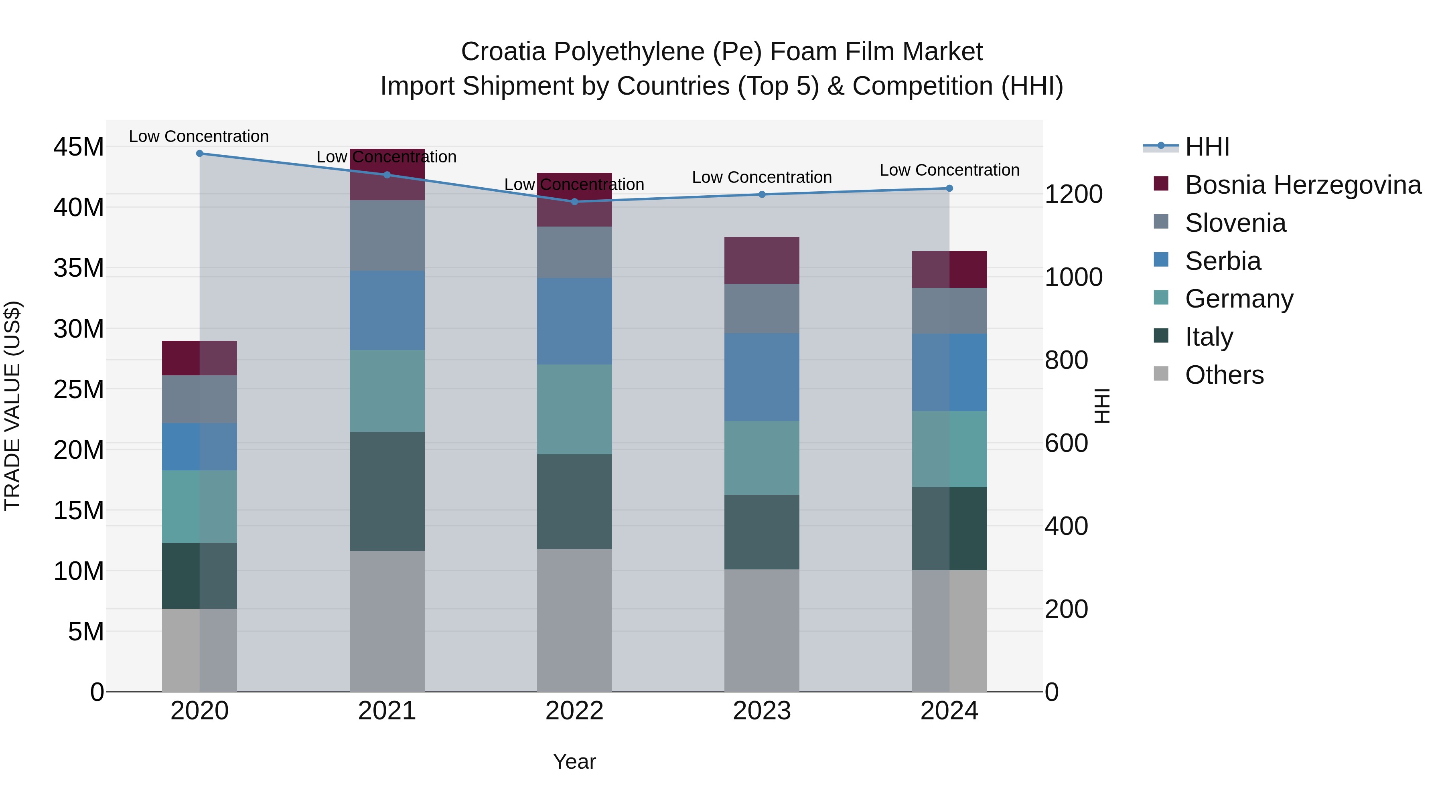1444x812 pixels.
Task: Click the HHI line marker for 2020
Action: click(200, 153)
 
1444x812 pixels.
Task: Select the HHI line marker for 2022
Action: click(574, 202)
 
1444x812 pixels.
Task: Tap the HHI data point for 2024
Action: click(949, 188)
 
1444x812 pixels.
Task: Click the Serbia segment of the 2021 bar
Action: click(387, 310)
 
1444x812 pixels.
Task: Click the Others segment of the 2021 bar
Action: click(387, 621)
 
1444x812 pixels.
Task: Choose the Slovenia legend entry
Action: click(1235, 223)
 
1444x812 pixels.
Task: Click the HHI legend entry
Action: click(1207, 147)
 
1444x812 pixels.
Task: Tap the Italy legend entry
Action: click(1209, 337)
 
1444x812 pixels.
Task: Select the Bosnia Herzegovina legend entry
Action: click(1302, 185)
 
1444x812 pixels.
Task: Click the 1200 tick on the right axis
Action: click(1073, 194)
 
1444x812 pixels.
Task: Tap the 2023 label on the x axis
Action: click(761, 711)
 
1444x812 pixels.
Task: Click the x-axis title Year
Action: click(574, 761)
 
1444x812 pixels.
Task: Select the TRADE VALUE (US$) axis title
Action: click(12, 406)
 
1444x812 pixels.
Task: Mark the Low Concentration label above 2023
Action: click(761, 177)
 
